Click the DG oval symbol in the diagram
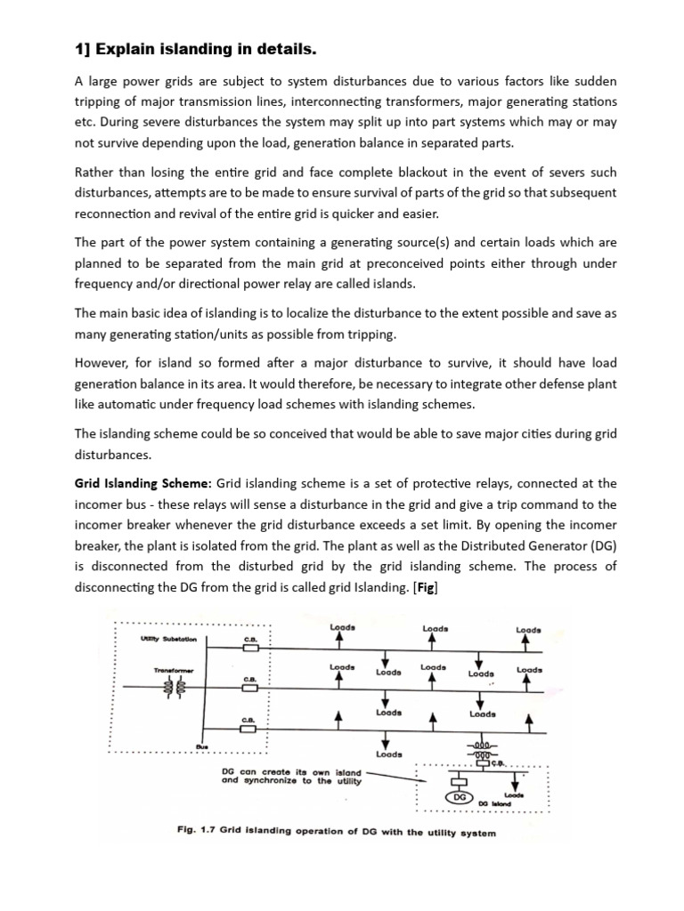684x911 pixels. pyautogui.click(x=460, y=798)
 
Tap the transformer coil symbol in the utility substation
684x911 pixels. pyautogui.click(x=180, y=688)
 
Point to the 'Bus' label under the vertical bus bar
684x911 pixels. pyautogui.click(x=202, y=746)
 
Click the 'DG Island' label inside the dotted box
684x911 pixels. pyautogui.click(x=516, y=803)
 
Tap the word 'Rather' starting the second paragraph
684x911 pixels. pyautogui.click(x=94, y=172)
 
